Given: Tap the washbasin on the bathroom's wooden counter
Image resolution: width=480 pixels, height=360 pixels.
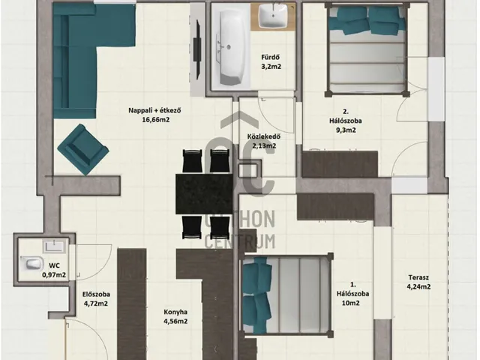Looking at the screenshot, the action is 273,15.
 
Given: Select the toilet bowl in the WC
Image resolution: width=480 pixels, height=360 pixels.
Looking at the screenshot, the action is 32,263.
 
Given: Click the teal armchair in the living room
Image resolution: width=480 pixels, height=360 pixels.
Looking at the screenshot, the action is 83,149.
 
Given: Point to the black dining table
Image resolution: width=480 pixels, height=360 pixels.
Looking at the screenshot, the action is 204,193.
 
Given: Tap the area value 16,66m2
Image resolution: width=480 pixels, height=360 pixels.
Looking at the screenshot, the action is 155,120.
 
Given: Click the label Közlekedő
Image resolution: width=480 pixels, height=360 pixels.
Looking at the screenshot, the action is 263,136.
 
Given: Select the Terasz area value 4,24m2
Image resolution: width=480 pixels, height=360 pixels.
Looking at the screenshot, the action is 418,286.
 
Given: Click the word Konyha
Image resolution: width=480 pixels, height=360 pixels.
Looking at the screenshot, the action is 175,312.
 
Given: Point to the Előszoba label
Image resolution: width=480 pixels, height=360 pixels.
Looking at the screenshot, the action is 96,295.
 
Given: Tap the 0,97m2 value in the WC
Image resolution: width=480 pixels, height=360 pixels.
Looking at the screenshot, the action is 54,275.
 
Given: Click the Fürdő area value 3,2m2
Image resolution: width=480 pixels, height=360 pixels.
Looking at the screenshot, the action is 271,67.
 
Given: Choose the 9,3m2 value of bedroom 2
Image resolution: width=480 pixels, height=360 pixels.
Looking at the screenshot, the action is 346,130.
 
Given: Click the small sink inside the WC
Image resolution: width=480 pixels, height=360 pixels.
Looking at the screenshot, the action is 54,247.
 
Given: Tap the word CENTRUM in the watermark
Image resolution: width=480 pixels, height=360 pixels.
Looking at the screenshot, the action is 240,241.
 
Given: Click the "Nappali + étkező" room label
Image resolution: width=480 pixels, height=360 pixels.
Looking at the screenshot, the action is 154,110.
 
